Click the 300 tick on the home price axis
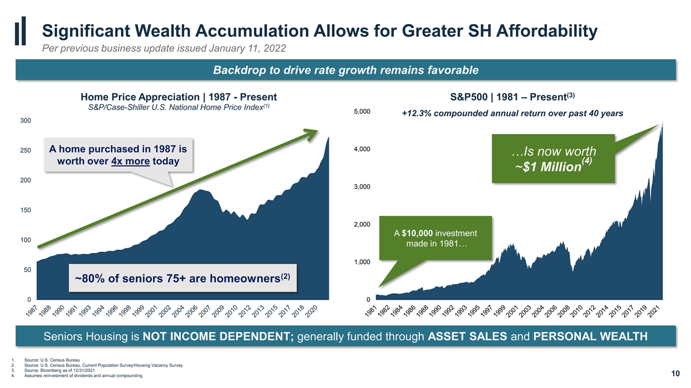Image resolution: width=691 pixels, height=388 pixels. point(25,120)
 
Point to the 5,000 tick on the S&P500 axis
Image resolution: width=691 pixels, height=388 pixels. point(362,112)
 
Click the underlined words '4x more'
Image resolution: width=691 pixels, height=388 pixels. point(131,162)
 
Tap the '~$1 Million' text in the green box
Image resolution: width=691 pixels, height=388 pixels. point(548,167)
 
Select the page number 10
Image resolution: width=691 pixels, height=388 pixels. point(675,374)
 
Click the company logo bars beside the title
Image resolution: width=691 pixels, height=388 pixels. point(20,31)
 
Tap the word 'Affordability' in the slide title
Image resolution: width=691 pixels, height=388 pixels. point(546,32)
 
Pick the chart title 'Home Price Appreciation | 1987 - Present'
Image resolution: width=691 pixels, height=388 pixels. point(179,97)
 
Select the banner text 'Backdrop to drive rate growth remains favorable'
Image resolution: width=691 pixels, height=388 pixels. point(346,70)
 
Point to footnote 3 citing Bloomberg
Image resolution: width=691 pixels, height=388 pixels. point(59,370)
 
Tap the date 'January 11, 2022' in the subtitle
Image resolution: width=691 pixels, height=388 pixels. point(247,48)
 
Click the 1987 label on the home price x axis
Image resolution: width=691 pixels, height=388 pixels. point(32,311)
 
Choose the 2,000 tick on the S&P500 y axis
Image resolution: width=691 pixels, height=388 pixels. point(362,225)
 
